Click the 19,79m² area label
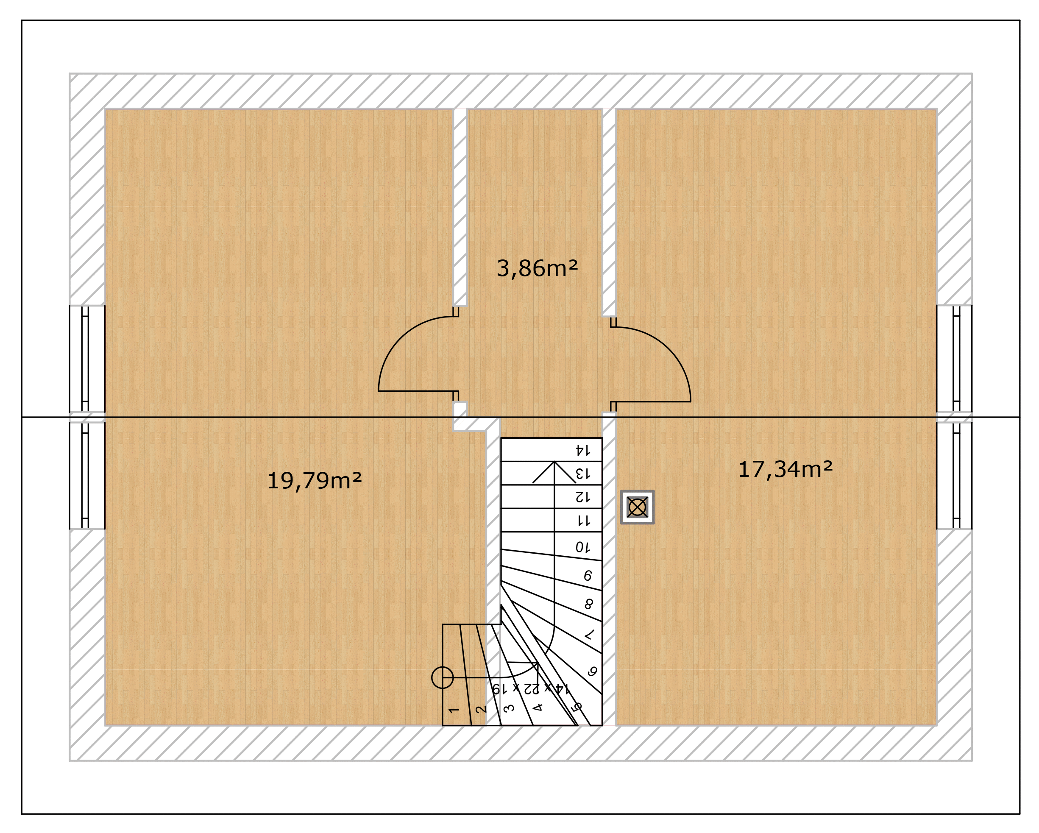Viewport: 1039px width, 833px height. point(314,481)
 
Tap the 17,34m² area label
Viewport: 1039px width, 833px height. point(786,469)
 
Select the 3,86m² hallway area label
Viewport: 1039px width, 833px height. point(537,268)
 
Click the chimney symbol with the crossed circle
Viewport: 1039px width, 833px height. point(637,507)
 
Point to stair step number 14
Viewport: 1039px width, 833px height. point(582,450)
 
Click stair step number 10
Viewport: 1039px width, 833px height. point(582,547)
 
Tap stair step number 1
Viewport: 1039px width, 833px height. point(454,710)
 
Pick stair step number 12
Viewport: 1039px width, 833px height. point(582,497)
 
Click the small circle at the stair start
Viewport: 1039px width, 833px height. point(442,677)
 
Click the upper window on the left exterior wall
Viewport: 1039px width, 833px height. point(87,359)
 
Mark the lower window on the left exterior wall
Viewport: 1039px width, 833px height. point(87,475)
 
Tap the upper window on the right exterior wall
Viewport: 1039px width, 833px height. point(954,359)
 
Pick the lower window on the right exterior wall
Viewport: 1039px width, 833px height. point(954,475)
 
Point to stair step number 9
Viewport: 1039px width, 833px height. point(588,576)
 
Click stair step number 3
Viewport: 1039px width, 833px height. point(509,708)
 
